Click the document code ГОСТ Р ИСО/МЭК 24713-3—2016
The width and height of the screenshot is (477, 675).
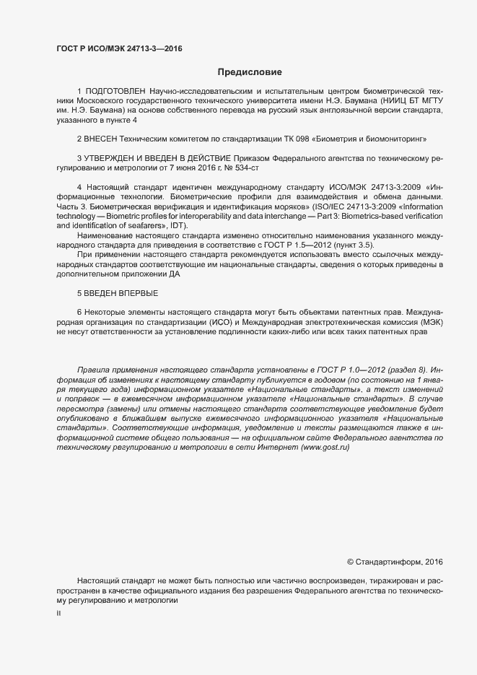coord(119,49)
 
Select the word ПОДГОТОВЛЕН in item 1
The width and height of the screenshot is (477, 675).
coord(115,91)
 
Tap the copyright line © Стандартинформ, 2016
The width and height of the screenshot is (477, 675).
coord(395,562)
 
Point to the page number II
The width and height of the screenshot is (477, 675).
coord(58,614)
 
